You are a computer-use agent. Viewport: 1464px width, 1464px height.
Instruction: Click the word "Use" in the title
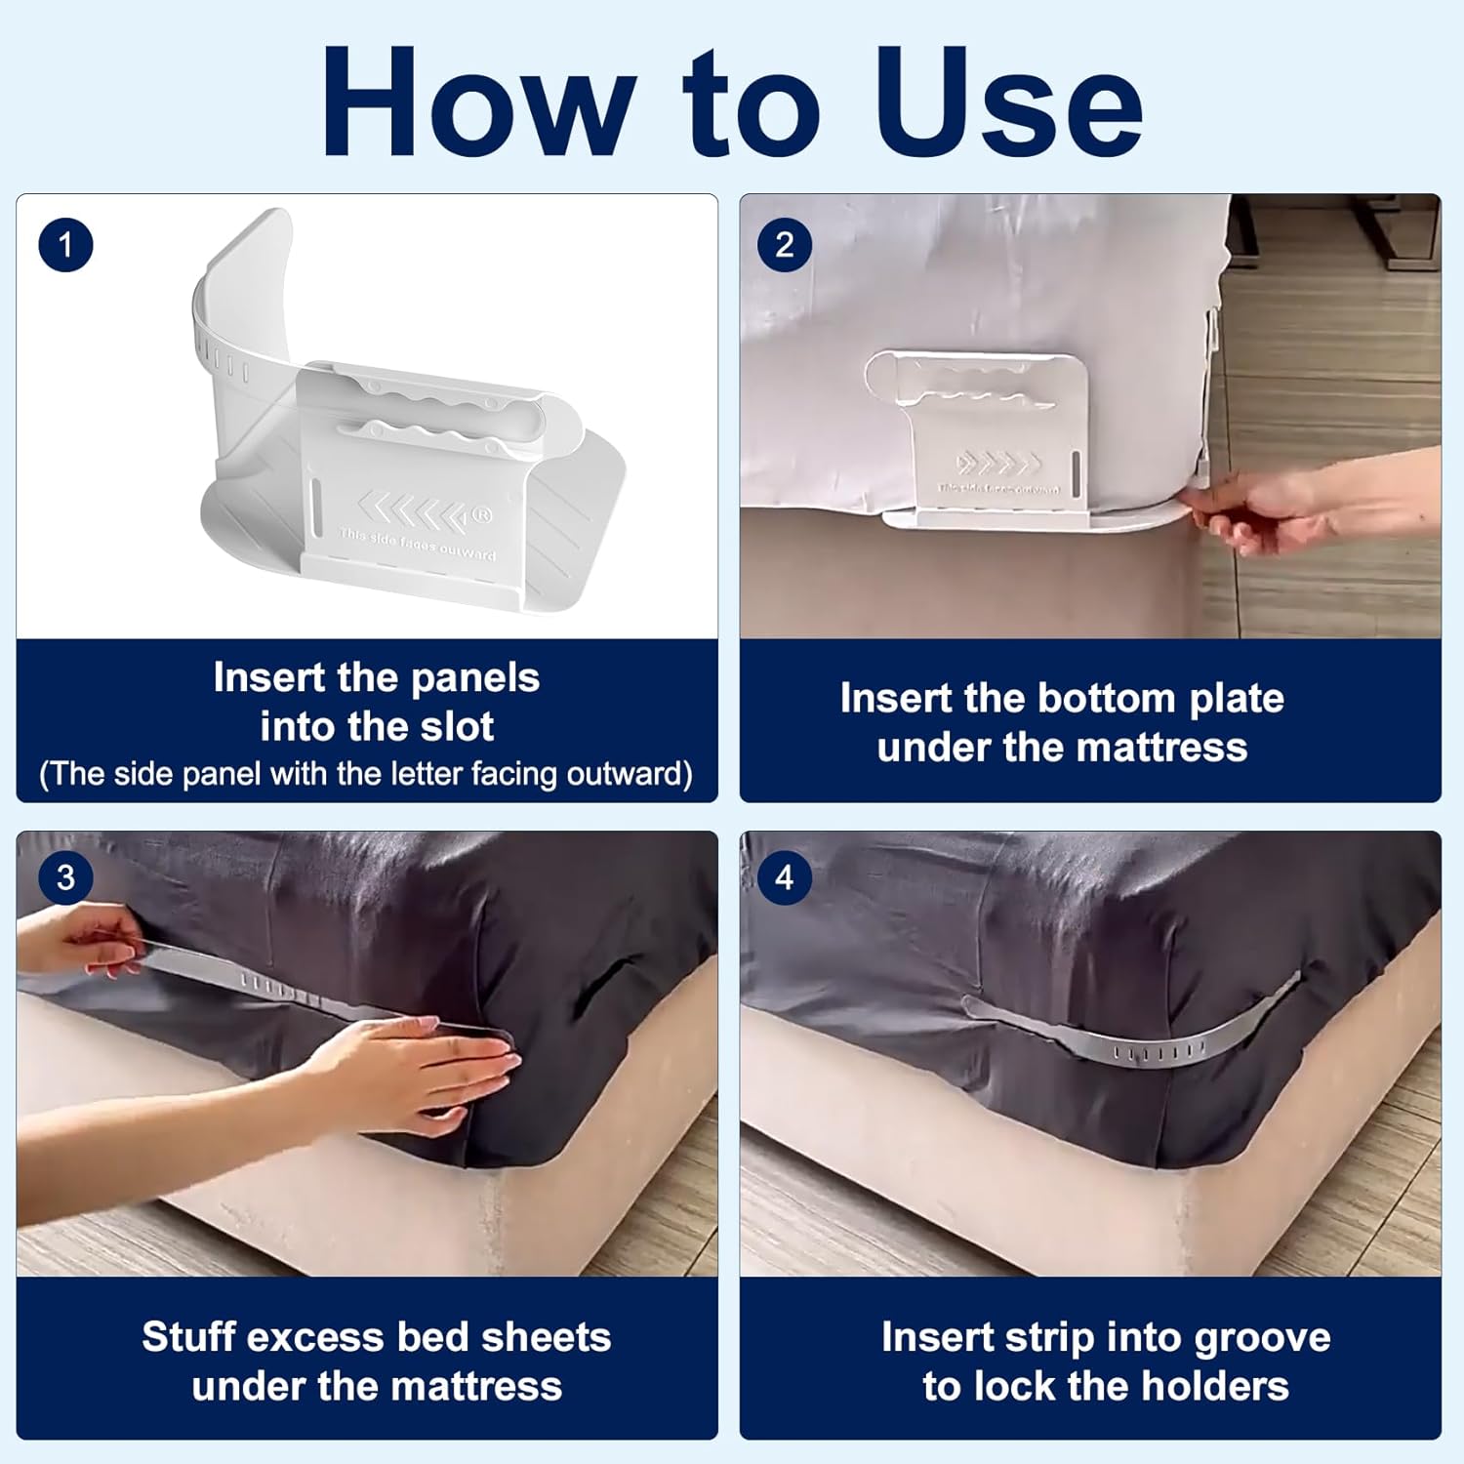tap(1009, 103)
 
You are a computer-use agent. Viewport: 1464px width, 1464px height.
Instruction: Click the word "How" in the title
tap(478, 103)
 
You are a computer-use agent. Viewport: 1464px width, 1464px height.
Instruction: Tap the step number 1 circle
tap(65, 245)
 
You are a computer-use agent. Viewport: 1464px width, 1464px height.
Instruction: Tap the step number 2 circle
tap(784, 245)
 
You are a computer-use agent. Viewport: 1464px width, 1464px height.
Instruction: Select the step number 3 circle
tap(65, 877)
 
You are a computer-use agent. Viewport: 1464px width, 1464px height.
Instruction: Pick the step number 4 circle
tap(784, 877)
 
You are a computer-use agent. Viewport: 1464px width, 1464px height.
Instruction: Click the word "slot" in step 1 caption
tap(456, 727)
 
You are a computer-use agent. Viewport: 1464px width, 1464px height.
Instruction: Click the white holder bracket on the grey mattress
tap(986, 439)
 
